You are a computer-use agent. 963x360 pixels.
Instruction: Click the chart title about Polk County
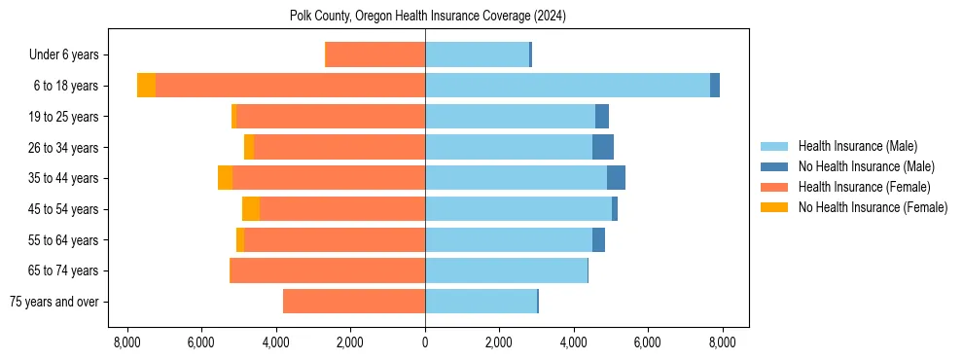(x=428, y=17)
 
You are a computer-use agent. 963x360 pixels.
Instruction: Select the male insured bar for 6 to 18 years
(x=567, y=86)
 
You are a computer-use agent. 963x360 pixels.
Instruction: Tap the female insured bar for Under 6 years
(x=374, y=54)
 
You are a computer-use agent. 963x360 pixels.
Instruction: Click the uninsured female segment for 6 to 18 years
(x=146, y=86)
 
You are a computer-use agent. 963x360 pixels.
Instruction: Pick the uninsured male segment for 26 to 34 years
(x=603, y=147)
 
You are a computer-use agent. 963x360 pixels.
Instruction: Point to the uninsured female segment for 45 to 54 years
(x=251, y=209)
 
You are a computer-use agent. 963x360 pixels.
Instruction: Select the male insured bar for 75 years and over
(x=481, y=302)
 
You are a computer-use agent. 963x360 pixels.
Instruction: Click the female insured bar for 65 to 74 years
(x=327, y=270)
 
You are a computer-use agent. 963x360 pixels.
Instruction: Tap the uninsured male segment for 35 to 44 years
(x=616, y=178)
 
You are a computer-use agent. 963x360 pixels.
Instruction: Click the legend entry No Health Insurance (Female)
(x=873, y=207)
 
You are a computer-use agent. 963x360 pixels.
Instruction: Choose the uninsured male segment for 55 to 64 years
(x=598, y=240)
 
